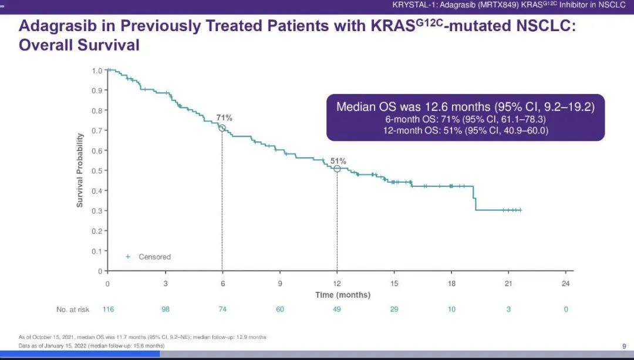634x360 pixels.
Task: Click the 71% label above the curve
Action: click(224, 117)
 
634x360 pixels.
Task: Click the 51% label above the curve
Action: click(338, 161)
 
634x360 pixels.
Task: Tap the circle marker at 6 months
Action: click(222, 128)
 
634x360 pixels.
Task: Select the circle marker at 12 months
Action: click(337, 169)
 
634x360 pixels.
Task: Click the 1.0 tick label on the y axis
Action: click(97, 71)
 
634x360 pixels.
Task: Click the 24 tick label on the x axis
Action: click(566, 284)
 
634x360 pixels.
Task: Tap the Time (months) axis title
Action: click(343, 295)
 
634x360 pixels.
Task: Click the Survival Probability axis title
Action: click(80, 170)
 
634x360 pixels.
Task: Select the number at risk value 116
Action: click(108, 309)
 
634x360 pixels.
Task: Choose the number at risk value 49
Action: click(337, 309)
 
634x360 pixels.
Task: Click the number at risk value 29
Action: click(394, 309)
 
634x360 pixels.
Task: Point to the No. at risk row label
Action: click(73, 309)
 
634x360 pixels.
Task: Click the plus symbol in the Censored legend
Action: click(128, 257)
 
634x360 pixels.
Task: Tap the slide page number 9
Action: click(624, 346)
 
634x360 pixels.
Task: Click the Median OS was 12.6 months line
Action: click(466, 107)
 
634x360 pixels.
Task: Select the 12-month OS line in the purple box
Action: click(466, 130)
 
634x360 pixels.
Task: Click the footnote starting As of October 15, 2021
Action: click(142, 337)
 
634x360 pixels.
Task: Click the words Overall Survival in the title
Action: click(79, 45)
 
